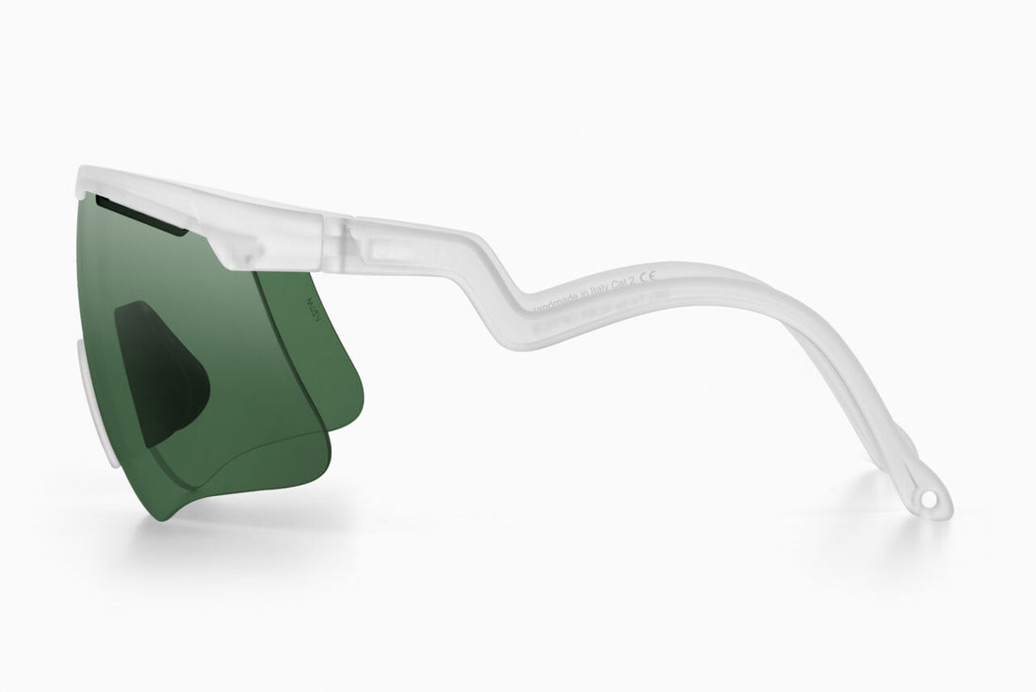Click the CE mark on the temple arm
click(x=647, y=280)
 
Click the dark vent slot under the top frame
click(x=141, y=214)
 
